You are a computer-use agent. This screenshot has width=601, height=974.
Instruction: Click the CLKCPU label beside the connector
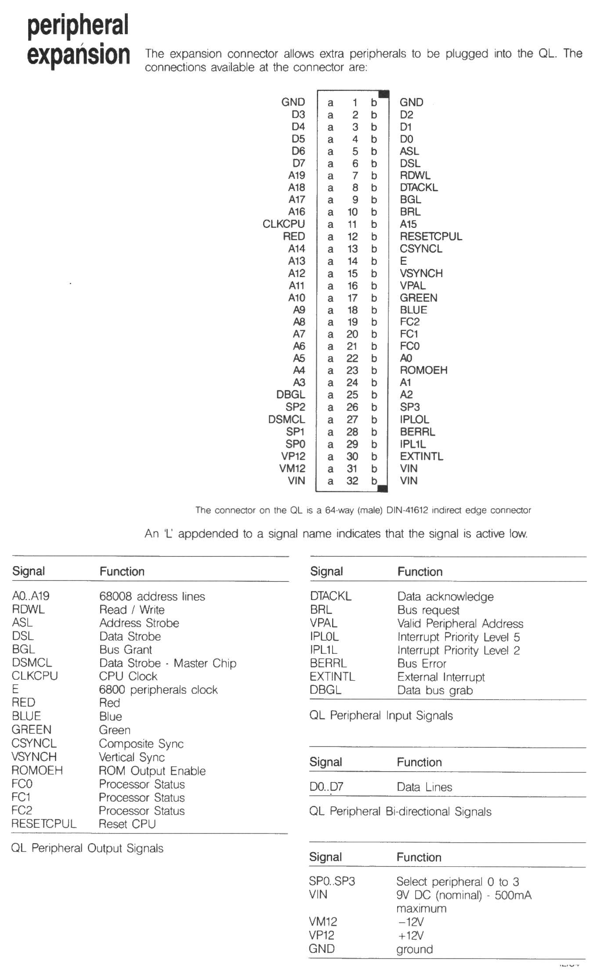pyautogui.click(x=283, y=224)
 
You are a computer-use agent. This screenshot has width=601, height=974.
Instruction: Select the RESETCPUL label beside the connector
pyautogui.click(x=431, y=236)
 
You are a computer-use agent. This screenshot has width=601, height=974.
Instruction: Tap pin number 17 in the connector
pyautogui.click(x=352, y=298)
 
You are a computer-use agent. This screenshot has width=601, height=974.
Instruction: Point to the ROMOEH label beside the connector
pyautogui.click(x=423, y=370)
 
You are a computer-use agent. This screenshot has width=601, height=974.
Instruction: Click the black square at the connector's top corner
pyautogui.click(x=384, y=94)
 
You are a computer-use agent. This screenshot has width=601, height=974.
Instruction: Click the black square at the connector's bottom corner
pyautogui.click(x=383, y=488)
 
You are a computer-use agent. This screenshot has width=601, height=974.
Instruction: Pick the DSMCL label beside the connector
pyautogui.click(x=286, y=419)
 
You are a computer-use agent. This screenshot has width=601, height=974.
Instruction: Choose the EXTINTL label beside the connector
pyautogui.click(x=421, y=456)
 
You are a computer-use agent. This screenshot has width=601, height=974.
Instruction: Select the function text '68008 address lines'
pyautogui.click(x=152, y=596)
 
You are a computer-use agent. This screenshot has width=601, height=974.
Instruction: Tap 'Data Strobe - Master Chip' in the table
pyautogui.click(x=167, y=663)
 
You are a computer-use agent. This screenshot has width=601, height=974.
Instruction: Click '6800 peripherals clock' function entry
pyautogui.click(x=158, y=690)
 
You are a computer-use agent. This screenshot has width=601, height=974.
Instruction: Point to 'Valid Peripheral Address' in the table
pyautogui.click(x=460, y=624)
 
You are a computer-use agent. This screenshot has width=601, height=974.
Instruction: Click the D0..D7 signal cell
pyautogui.click(x=326, y=787)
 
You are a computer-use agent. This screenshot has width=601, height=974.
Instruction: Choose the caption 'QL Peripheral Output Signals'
pyautogui.click(x=87, y=848)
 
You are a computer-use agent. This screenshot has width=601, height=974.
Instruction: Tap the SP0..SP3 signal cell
pyautogui.click(x=332, y=881)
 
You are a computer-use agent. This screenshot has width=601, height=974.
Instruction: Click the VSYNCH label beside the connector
pyautogui.click(x=421, y=273)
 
